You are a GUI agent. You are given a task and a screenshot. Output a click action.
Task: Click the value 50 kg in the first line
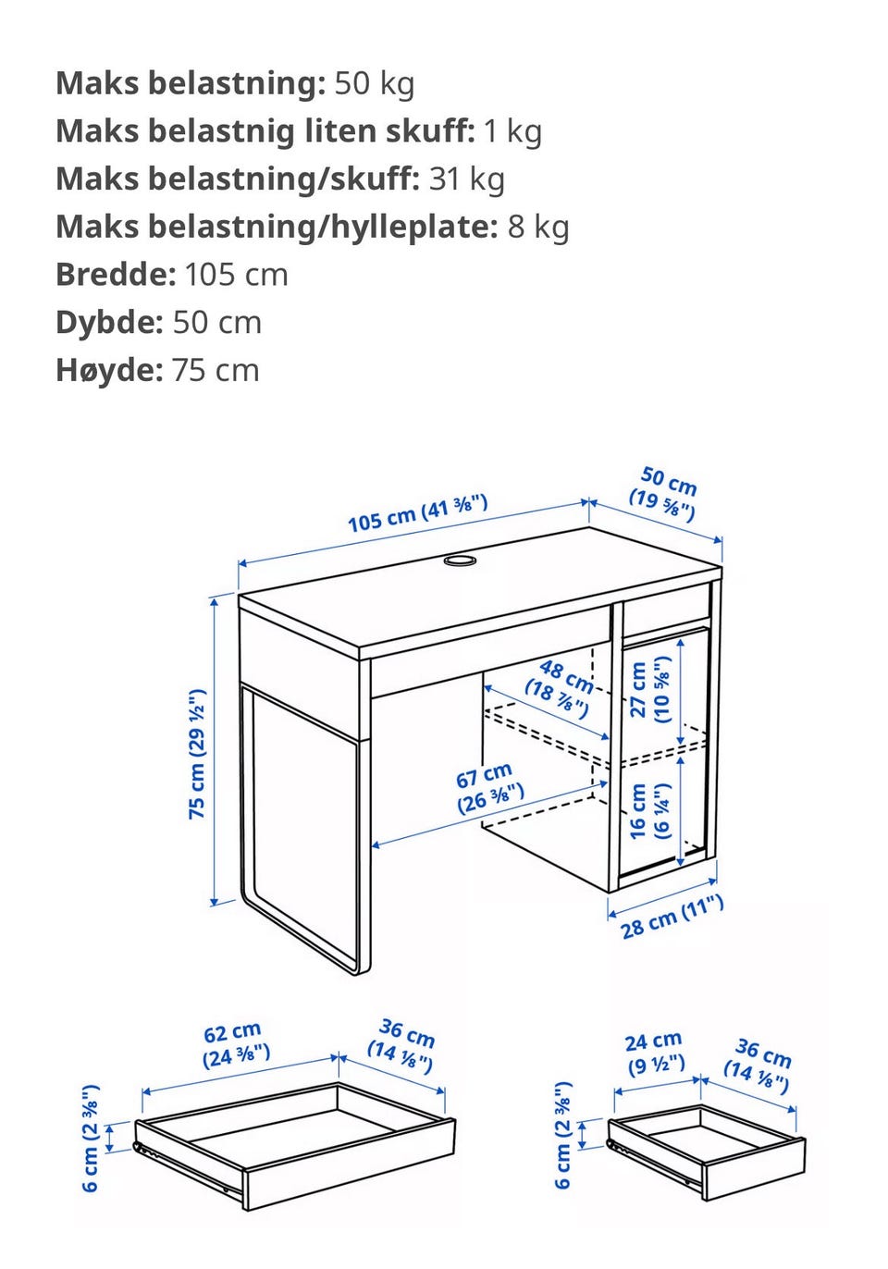(375, 84)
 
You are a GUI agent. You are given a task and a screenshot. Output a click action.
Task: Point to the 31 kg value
(466, 179)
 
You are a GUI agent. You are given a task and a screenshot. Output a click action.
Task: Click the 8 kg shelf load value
(537, 227)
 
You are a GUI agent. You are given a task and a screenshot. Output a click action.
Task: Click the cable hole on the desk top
(460, 561)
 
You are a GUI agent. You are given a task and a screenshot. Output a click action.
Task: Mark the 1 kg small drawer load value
(512, 131)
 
